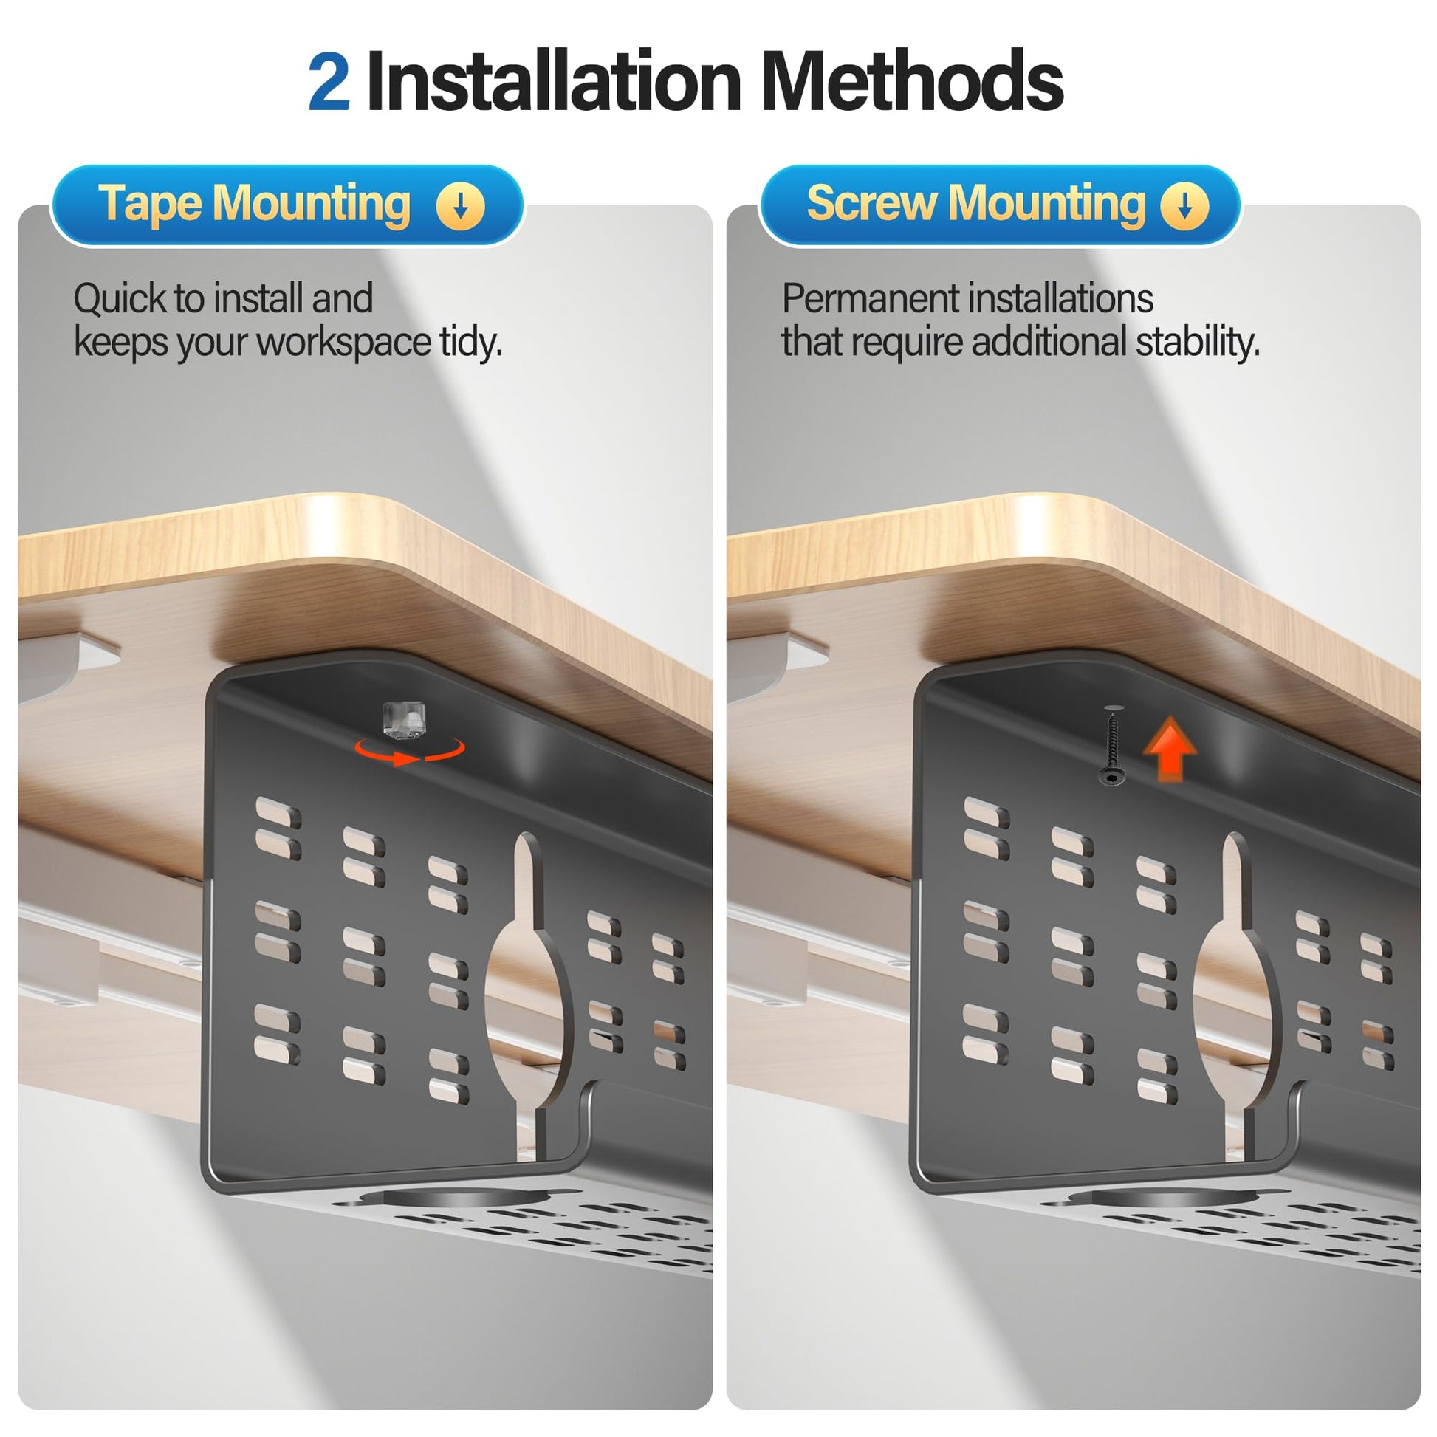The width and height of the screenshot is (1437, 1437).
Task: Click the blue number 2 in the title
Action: pos(329,82)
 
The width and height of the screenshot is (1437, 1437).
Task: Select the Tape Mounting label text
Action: pos(253,203)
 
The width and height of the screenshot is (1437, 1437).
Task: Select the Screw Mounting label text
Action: pos(976,203)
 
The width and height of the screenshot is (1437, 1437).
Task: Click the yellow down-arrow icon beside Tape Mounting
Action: pos(460,206)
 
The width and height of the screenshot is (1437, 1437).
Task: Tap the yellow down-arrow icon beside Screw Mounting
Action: pos(1184,206)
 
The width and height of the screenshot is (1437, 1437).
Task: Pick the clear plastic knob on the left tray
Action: pos(403,719)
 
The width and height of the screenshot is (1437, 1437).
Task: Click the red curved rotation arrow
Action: pos(410,751)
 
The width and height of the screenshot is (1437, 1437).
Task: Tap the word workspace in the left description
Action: pos(343,343)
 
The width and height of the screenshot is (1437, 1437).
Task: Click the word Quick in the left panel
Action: pos(120,299)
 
